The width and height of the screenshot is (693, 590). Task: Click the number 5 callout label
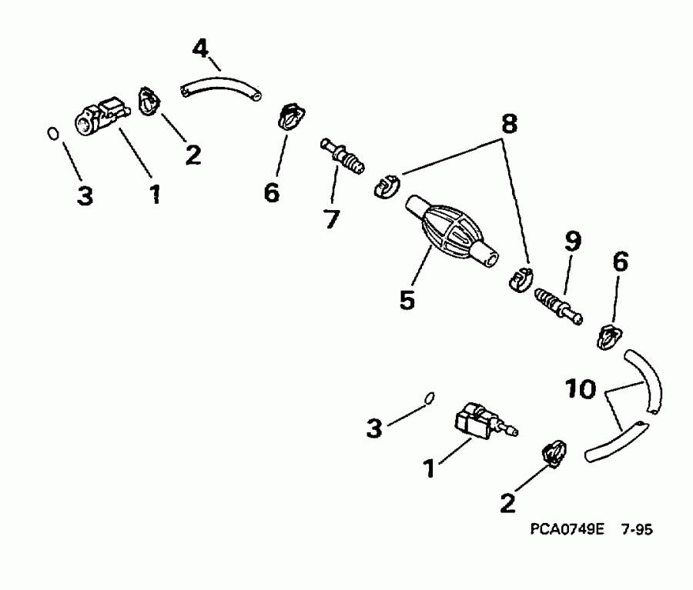[407, 298]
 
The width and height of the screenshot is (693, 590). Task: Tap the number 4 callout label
[199, 49]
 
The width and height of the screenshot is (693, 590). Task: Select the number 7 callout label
[330, 218]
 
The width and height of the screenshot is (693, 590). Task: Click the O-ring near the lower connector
[430, 398]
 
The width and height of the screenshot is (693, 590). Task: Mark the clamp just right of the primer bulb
[521, 278]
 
